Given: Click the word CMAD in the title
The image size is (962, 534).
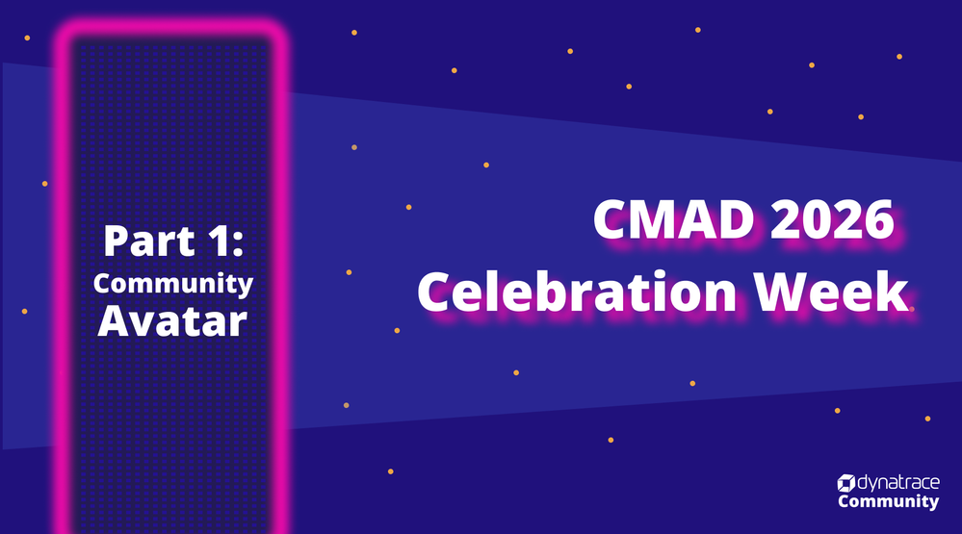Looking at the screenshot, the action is (673, 218).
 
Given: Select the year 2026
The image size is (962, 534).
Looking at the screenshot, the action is (832, 218).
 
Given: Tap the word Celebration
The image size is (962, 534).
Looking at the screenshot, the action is (577, 292).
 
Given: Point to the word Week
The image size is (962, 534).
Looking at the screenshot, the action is (831, 292).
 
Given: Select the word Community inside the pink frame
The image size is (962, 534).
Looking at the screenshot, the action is (173, 284).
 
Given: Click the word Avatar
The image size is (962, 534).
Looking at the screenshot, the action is (172, 320).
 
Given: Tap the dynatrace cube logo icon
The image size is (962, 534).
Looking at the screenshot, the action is (846, 483).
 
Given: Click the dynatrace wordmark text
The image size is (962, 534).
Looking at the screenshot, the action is (898, 483).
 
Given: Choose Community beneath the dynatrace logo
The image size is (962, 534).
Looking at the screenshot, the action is (889, 501).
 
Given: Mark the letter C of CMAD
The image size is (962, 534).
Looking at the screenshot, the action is (611, 219).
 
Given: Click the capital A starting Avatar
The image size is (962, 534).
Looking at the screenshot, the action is (113, 320).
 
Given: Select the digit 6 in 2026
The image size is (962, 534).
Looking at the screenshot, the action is (879, 219).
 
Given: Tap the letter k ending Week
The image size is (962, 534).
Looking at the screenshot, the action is (894, 290).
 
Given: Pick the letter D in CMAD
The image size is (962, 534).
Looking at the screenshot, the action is (735, 219).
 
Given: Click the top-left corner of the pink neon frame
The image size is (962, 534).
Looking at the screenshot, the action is (62, 28).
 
